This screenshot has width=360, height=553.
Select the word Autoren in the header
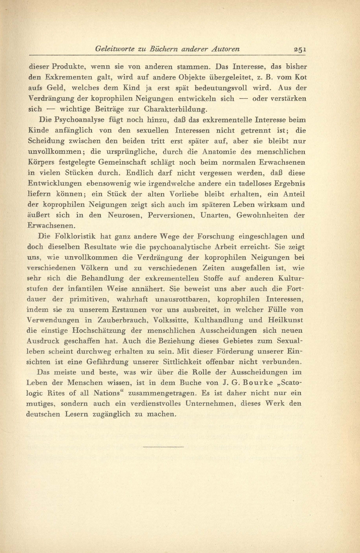(x=225, y=49)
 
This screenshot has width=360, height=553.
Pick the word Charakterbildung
(x=179, y=109)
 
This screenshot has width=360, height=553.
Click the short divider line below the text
(x=164, y=446)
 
